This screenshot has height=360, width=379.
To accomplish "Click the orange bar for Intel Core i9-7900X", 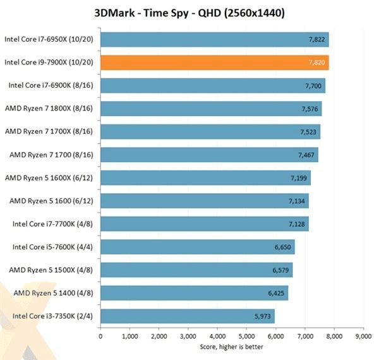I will tap(215, 63).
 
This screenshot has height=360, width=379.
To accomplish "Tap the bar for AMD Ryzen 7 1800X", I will tap(211, 109).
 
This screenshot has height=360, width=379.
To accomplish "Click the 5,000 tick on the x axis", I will tap(247, 337).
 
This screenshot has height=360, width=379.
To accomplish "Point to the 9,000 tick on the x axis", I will tap(364, 337).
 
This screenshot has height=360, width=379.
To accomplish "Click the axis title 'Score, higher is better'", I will tap(232, 346).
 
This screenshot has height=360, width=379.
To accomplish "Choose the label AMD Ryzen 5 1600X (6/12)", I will tap(50, 178).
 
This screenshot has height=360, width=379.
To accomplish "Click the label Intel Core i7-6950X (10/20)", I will tap(50, 39).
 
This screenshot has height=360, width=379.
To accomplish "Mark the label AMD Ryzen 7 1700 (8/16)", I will tap(53, 155).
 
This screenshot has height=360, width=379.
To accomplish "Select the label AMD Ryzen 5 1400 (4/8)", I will tap(54, 293).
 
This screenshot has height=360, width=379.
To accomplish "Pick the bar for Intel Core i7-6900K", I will tap(213, 86).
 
